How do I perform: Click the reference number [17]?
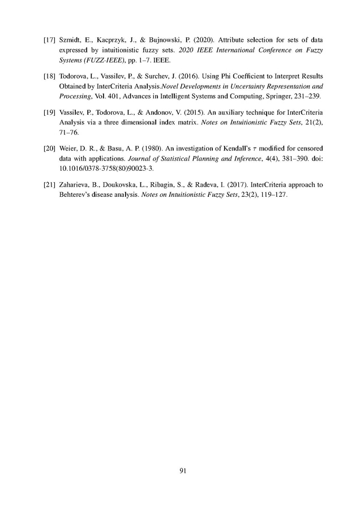click(50, 42)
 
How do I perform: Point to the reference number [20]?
click(50, 149)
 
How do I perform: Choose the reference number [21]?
click(50, 184)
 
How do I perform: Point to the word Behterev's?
click(77, 196)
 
